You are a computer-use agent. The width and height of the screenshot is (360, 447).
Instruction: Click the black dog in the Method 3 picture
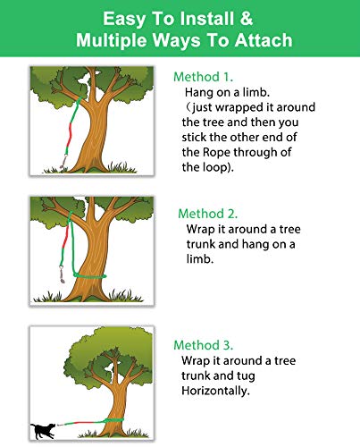[39, 431]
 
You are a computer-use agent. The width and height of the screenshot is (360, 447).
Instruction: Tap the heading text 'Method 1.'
[203, 77]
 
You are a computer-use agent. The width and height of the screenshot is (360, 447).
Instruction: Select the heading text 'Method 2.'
[207, 214]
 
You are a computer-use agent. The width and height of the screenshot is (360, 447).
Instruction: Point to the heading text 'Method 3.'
[204, 345]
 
